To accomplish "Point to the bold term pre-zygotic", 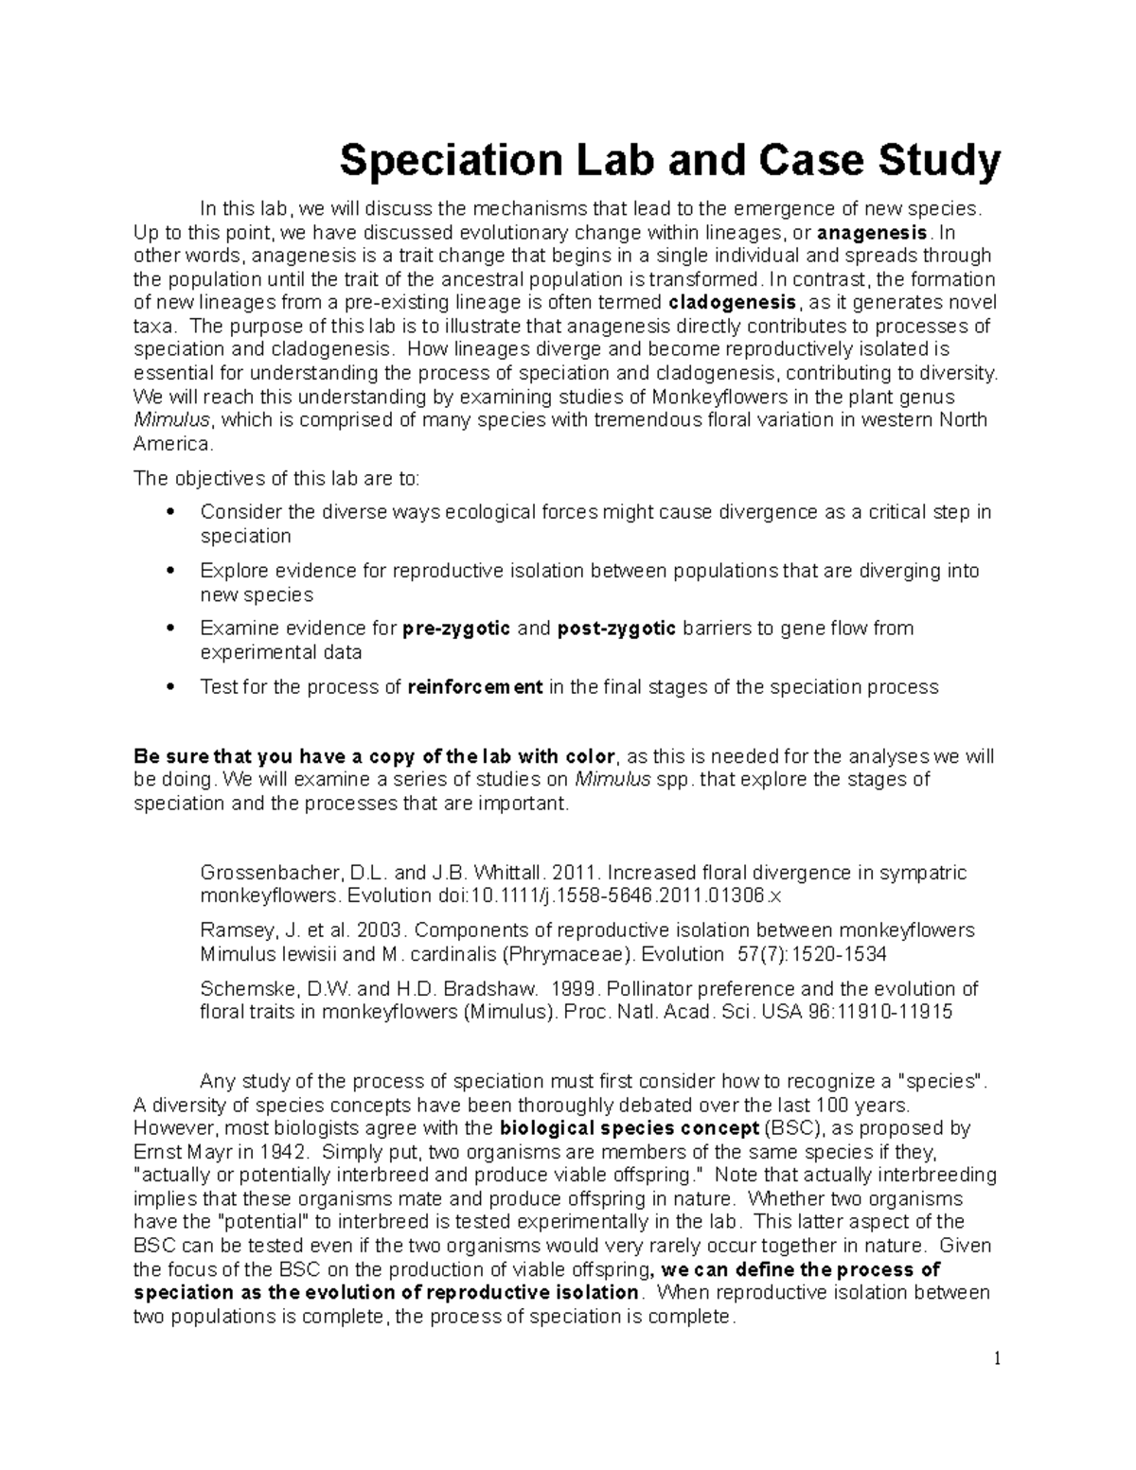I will point(457,629).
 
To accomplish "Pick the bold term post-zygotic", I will point(617,629).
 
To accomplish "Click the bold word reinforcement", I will point(475,687).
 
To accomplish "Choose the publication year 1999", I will point(576,989).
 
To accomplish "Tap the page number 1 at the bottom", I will point(997,1359).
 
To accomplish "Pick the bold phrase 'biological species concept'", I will point(630,1128).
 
